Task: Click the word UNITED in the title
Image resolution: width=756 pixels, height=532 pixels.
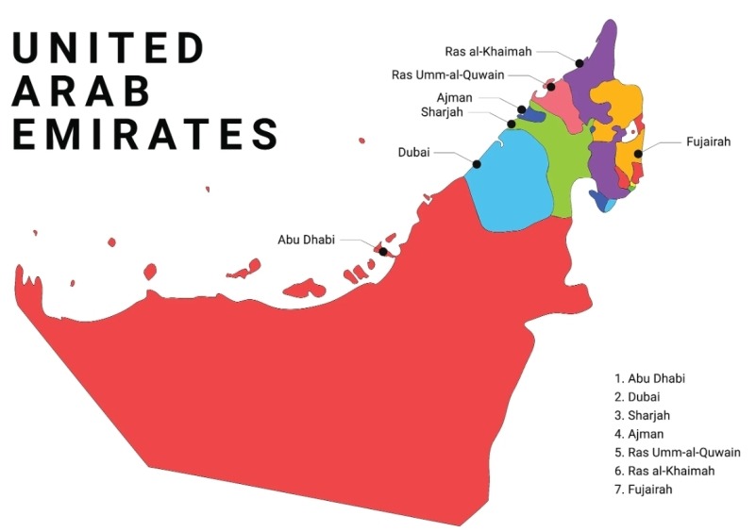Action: point(109,48)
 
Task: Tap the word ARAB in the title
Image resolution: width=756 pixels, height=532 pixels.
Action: point(82,91)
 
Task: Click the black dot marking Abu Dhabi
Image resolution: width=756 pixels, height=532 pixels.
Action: point(382,251)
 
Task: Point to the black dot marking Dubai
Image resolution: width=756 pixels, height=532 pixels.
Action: point(477,164)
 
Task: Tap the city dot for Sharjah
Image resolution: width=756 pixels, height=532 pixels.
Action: point(512,124)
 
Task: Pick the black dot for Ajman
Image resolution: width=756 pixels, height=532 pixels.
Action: point(521,109)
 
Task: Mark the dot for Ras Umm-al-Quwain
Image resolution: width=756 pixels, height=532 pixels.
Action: point(551,87)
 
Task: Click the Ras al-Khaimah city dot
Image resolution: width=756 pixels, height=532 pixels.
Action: point(580,63)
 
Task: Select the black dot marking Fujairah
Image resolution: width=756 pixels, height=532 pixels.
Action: point(639,154)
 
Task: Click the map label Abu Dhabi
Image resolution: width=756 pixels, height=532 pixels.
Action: point(306,240)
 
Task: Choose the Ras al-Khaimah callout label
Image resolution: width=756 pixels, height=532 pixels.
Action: point(489,51)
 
